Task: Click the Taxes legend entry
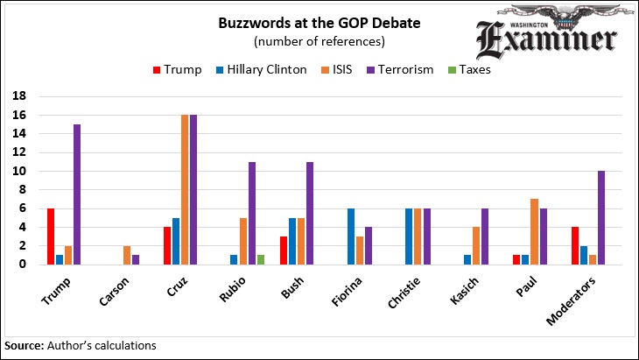pos(470,70)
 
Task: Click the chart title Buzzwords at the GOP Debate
pos(319,24)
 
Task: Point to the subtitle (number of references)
pos(319,41)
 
